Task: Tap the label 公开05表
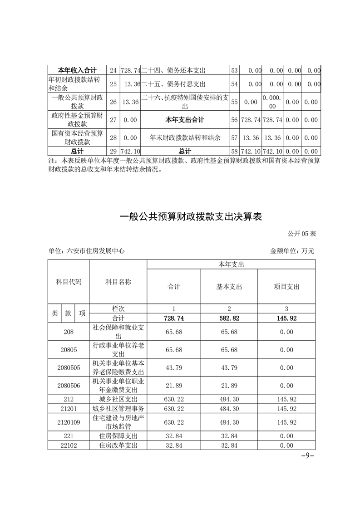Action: pyautogui.click(x=302, y=234)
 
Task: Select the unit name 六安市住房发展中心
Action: pyautogui.click(x=86, y=250)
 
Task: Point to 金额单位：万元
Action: pyautogui.click(x=292, y=250)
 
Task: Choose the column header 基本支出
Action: pyautogui.click(x=229, y=287)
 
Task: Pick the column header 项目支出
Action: pyautogui.click(x=286, y=287)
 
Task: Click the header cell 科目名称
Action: pyautogui.click(x=118, y=282)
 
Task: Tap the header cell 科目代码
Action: pyautogui.click(x=69, y=282)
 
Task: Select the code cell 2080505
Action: pyautogui.click(x=69, y=368)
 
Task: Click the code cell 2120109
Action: pyautogui.click(x=69, y=422)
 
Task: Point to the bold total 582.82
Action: pyautogui.click(x=229, y=318)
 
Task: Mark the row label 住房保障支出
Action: pyautogui.click(x=118, y=436)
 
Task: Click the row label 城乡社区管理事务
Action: pyautogui.click(x=118, y=409)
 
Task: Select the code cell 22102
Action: pyautogui.click(x=69, y=445)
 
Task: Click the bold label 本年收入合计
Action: pyautogui.click(x=77, y=70)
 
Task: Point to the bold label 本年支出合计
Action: pyautogui.click(x=184, y=120)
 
